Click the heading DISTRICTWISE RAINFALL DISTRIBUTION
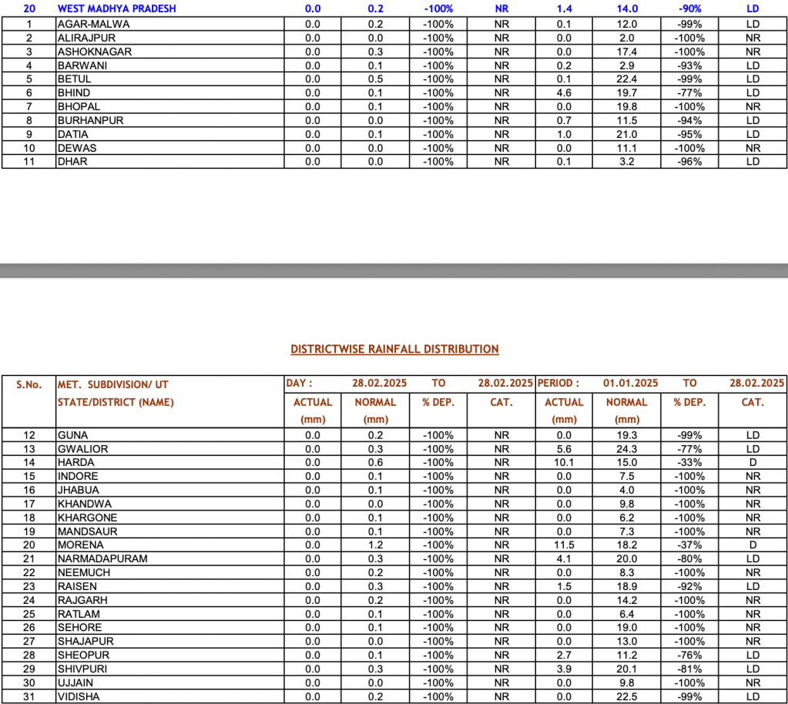pos(394,349)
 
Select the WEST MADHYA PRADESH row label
pos(116,8)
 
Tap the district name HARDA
pos(76,462)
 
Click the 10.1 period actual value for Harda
pos(564,462)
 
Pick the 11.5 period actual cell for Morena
pos(564,545)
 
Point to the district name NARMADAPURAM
pos(102,558)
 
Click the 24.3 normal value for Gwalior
pos(627,448)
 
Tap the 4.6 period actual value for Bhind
pos(564,92)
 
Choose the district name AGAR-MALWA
pos(93,24)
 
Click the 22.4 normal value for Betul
pos(627,79)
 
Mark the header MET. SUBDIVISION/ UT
pos(112,384)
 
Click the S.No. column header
pos(29,384)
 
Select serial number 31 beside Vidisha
pos(29,696)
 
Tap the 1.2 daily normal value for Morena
pos(375,545)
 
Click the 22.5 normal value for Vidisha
pos(627,696)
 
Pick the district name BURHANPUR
pos(90,120)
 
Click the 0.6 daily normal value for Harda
pos(375,462)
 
